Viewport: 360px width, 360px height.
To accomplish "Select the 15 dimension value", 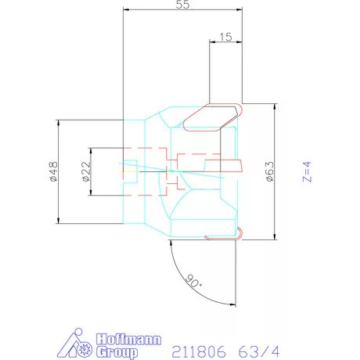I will tap(225, 37).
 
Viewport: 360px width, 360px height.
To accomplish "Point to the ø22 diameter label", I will tap(85, 171).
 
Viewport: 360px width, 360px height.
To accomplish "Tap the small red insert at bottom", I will tap(239, 232).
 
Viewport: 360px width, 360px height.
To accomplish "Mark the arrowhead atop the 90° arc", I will tap(171, 244).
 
